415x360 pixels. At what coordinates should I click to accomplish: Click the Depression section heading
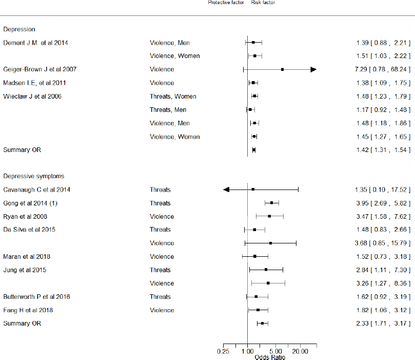click(x=19, y=29)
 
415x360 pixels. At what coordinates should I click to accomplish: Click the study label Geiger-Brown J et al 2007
click(x=40, y=69)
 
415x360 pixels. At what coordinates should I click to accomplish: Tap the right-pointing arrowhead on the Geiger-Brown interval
click(x=313, y=69)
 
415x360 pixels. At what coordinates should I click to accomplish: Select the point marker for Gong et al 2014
click(x=271, y=203)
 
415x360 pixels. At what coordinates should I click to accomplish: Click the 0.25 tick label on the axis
click(x=223, y=351)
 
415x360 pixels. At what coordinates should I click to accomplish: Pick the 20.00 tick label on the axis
click(x=301, y=351)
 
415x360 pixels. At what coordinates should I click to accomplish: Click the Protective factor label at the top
click(x=226, y=3)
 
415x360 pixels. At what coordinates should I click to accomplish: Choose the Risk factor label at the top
click(x=263, y=3)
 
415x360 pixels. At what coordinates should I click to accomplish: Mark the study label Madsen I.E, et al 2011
click(x=35, y=83)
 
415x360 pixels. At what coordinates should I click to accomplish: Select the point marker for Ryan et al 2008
click(x=269, y=216)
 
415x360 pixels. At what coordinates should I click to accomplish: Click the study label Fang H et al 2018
click(x=28, y=310)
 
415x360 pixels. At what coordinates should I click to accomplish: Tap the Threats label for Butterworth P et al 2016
click(x=160, y=296)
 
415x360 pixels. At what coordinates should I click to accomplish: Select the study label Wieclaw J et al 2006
click(x=33, y=96)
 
